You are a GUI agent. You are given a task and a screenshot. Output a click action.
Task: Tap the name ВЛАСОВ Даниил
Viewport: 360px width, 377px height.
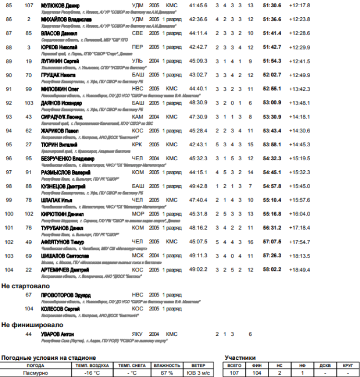pos(59,34)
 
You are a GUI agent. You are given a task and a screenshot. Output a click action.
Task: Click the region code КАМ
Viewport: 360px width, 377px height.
pos(138,117)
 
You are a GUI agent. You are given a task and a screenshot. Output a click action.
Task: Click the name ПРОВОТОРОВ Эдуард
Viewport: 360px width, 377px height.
pos(66,295)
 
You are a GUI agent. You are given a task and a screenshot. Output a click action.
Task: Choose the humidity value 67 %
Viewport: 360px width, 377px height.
pos(167,373)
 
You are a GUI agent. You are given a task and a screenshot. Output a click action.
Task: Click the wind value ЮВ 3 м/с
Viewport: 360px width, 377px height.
pos(198,373)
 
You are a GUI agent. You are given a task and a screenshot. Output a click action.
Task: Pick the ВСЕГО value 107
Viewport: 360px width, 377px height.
pos(234,373)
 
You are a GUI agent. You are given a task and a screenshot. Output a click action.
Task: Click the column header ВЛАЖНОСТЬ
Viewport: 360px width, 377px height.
pos(167,365)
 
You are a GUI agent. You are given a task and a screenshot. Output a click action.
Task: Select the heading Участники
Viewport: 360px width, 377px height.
pos(240,358)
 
